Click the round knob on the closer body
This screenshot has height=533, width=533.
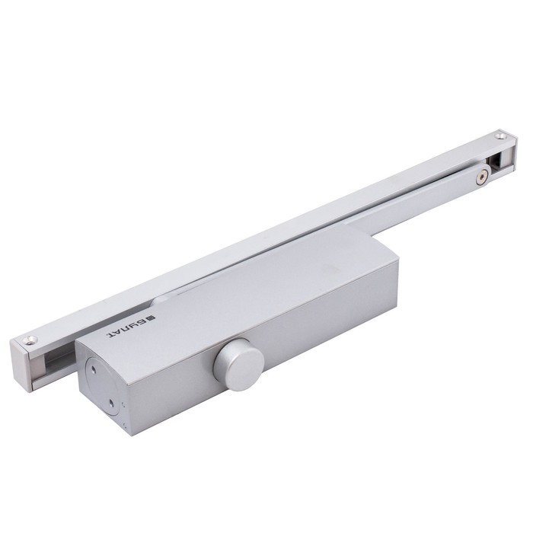239,364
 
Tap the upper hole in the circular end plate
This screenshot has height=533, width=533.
93,369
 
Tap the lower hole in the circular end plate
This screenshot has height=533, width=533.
111,404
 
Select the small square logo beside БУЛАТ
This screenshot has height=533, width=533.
152,318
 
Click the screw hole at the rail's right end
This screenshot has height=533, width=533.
500,136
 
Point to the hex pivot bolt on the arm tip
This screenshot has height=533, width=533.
480,177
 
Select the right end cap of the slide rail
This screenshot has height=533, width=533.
509,149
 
